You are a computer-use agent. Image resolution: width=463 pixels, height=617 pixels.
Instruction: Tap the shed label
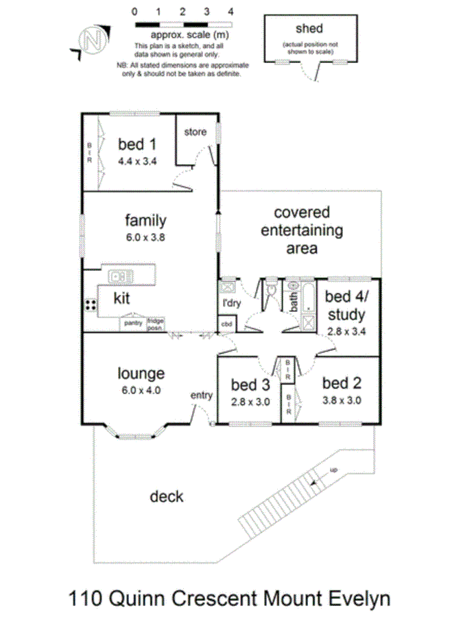pyautogui.click(x=309, y=29)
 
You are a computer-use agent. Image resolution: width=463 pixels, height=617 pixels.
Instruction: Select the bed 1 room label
pyautogui.click(x=136, y=145)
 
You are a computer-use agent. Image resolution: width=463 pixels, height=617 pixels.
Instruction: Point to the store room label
pyautogui.click(x=195, y=132)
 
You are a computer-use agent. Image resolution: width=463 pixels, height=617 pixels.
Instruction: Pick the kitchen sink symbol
pyautogui.click(x=121, y=277)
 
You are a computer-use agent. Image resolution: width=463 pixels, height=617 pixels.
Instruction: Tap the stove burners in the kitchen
pyautogui.click(x=90, y=304)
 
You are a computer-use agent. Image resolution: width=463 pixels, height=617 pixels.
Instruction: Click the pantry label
pyautogui.click(x=132, y=322)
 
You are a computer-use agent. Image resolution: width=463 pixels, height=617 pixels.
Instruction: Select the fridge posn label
pyautogui.click(x=155, y=322)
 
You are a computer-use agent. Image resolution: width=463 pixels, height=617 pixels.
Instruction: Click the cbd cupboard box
pyautogui.click(x=226, y=324)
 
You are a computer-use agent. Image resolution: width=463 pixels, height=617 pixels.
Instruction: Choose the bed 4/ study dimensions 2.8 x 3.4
pyautogui.click(x=346, y=331)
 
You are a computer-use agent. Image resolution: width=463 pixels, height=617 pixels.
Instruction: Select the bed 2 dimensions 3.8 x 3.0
pyautogui.click(x=342, y=400)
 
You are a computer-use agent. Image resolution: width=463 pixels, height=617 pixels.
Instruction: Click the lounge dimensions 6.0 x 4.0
pyautogui.click(x=141, y=391)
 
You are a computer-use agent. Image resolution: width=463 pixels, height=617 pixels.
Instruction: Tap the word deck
pyautogui.click(x=167, y=496)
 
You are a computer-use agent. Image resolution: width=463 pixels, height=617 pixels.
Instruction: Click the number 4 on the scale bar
pyautogui.click(x=230, y=12)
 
